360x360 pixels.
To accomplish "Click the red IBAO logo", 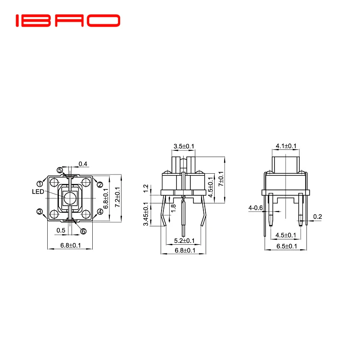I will click(68, 20).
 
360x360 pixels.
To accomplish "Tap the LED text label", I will click(38, 191).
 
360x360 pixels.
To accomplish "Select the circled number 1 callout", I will click(40, 184).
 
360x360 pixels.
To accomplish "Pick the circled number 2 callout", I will click(100, 184).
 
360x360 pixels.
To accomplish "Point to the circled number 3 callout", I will click(40, 211).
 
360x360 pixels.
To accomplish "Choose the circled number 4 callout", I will click(100, 211).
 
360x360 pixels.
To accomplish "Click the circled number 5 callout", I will click(60, 170).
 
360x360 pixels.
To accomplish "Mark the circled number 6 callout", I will click(83, 231).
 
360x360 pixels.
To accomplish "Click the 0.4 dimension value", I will click(83, 163).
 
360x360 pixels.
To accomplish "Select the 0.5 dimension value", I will click(60, 230).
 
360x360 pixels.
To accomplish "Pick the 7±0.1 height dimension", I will click(221, 179).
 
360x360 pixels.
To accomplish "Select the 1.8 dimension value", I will click(173, 208).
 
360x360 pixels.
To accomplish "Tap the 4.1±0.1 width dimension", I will click(286, 146).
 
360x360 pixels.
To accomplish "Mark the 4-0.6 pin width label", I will click(255, 208).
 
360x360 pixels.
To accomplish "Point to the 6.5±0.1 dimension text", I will click(286, 246).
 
